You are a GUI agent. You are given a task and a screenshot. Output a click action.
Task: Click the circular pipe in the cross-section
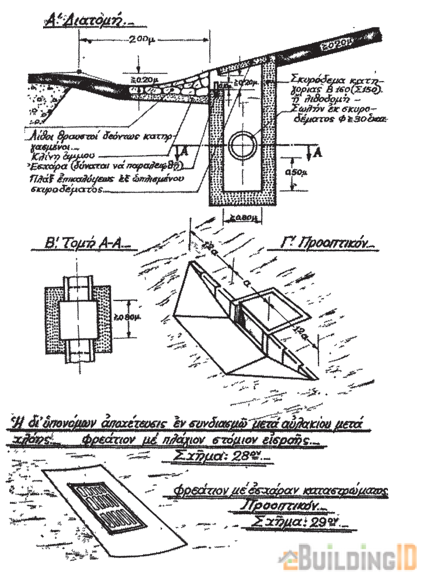(x=243, y=146)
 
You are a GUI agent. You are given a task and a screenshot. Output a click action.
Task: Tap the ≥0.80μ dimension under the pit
(x=241, y=218)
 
